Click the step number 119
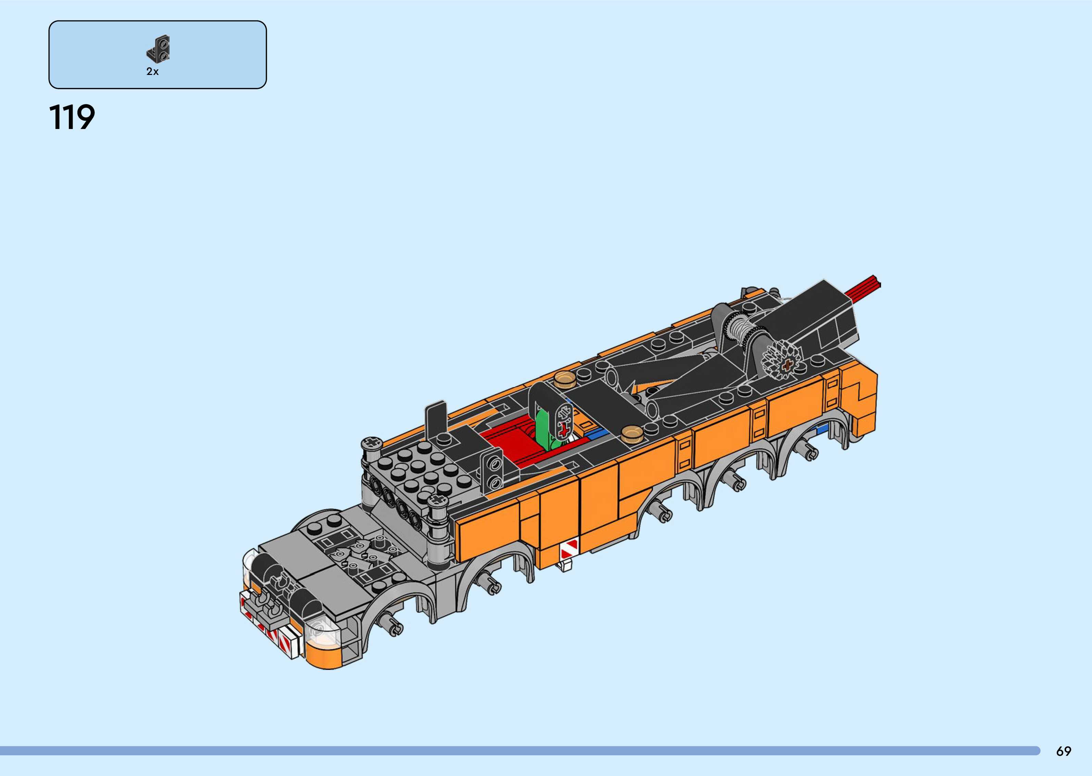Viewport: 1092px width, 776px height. (72, 118)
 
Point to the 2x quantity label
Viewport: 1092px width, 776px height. (152, 72)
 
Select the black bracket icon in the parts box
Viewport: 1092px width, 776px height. (159, 49)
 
